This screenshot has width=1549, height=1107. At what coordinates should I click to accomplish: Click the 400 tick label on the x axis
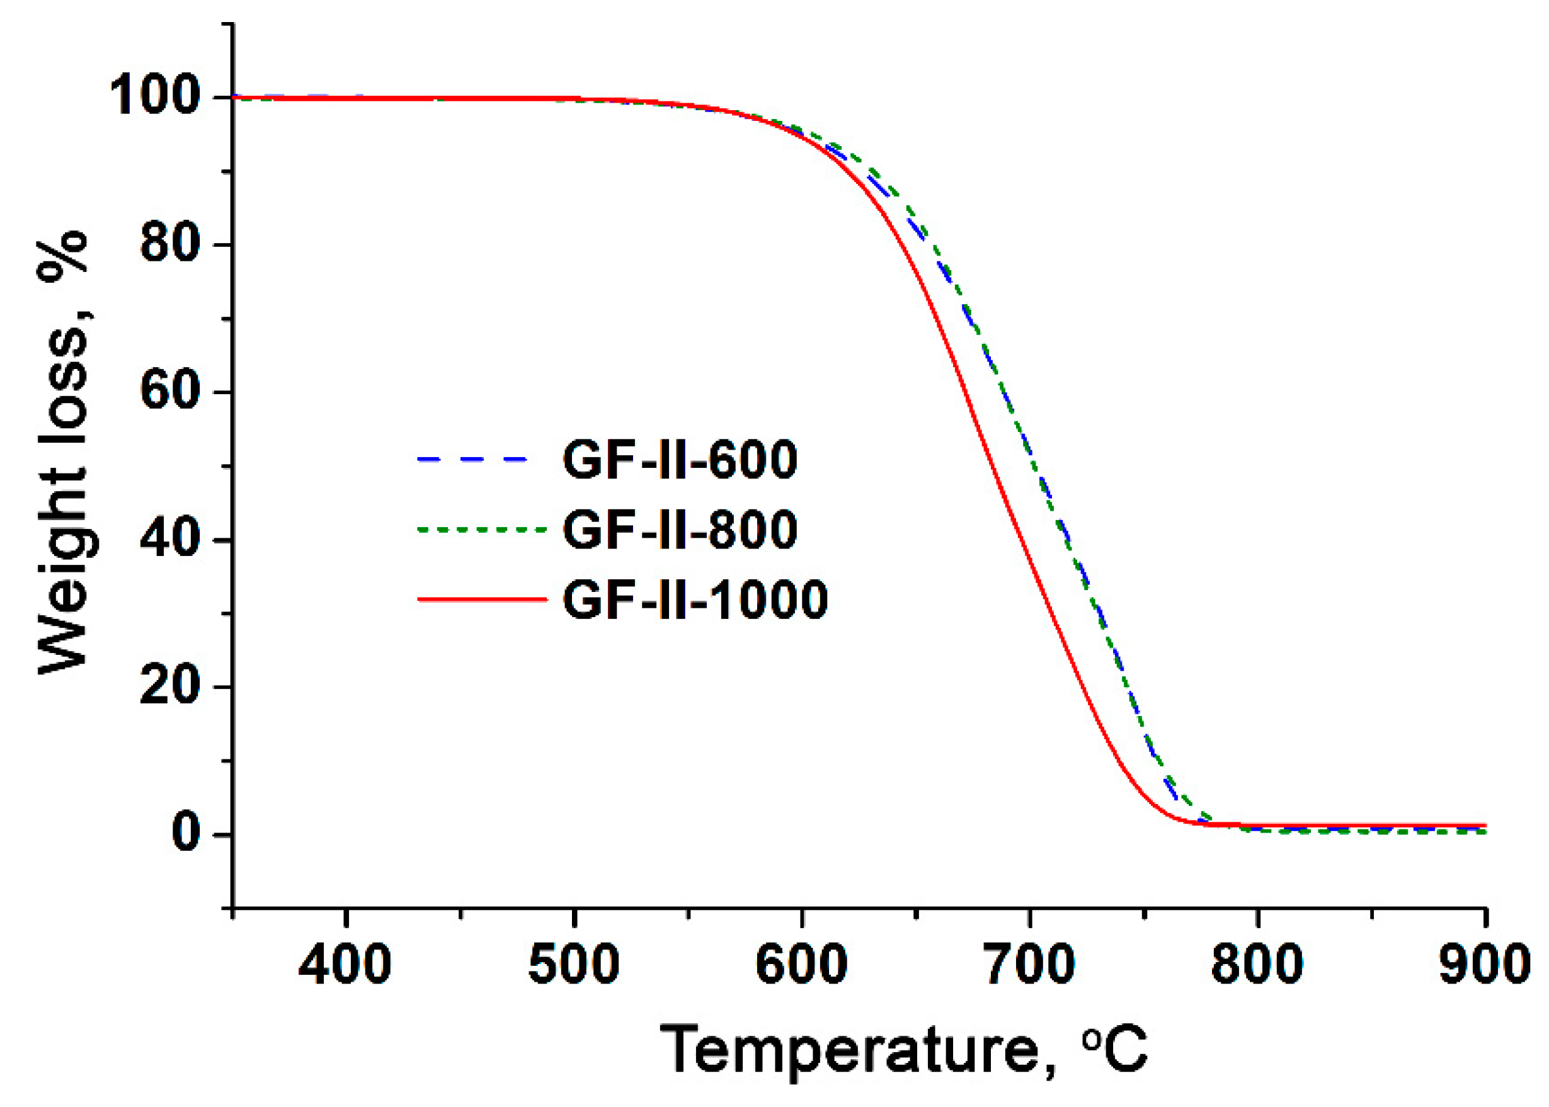pos(345,966)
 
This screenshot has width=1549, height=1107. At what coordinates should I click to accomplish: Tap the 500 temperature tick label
pos(574,966)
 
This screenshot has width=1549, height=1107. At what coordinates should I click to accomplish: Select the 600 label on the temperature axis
pos(801,966)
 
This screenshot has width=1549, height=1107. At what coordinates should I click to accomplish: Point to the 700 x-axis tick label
pos(1029,966)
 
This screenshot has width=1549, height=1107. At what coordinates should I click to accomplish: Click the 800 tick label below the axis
pos(1257,966)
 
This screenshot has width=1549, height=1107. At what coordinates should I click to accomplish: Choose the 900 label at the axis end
pos(1484,966)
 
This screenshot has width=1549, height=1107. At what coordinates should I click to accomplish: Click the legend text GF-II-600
pos(680,460)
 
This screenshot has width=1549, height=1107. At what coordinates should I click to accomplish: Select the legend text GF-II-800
pos(680,530)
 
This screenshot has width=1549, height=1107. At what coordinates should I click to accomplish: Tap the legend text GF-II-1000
pos(695,600)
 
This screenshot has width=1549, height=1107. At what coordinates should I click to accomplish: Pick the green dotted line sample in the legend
pos(481,530)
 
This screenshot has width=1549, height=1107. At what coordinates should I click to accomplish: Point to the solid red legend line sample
pos(481,600)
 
